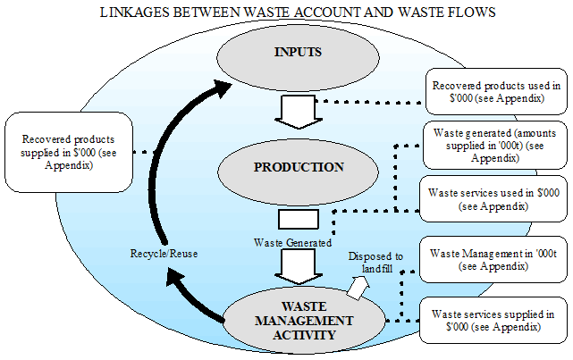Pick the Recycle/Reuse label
pos(163,254)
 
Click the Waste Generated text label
pos(291,241)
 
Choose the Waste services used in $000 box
pos(494,197)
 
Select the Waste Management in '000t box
pos(494,259)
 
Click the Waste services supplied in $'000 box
pos(494,321)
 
